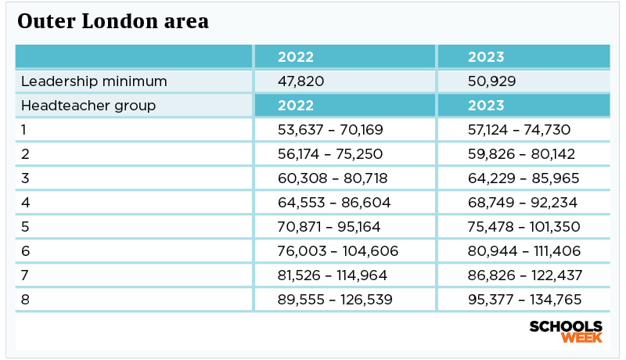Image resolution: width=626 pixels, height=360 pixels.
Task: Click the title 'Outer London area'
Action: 113,23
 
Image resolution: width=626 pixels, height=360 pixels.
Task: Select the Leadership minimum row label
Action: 94,81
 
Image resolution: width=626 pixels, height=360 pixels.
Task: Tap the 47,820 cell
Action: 301,81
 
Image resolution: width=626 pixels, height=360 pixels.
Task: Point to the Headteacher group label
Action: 88,106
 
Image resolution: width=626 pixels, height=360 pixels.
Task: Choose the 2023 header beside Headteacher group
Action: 486,106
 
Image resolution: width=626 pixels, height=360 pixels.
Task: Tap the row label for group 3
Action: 25,178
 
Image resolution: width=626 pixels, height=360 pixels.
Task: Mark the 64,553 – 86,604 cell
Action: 334,203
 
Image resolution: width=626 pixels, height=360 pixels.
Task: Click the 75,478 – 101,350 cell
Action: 523,227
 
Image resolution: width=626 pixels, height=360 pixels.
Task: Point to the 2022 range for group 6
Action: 338,251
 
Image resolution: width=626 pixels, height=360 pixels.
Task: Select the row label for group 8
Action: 25,300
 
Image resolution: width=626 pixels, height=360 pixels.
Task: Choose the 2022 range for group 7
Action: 337,275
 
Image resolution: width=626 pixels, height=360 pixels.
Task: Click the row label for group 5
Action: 25,227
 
